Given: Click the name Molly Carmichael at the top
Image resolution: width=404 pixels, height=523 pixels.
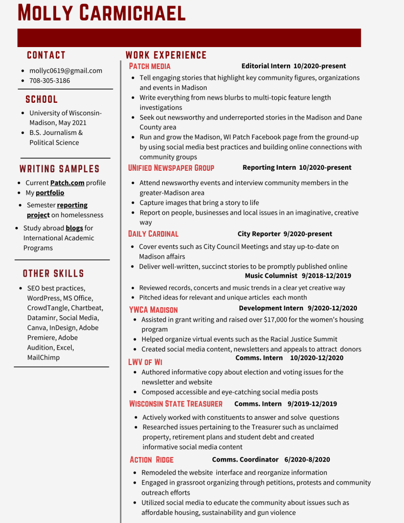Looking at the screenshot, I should tap(101, 12).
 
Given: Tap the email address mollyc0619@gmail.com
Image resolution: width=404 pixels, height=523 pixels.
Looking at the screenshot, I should tap(65, 71).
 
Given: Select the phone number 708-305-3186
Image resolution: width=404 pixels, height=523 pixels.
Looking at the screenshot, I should tap(50, 80).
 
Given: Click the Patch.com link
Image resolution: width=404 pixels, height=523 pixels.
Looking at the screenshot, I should tap(67, 183).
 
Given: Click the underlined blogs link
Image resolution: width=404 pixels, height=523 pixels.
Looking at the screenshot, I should tap(74, 228).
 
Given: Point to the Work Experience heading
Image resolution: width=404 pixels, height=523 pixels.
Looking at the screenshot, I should tap(166, 55).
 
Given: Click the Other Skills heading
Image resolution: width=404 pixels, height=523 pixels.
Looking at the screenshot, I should tap(53, 274).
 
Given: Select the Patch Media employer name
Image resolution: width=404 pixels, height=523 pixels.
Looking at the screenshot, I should tap(149, 66).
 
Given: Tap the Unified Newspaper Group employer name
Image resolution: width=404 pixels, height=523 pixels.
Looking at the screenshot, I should tap(171, 168).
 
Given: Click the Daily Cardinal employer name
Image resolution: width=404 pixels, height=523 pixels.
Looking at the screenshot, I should tap(153, 234).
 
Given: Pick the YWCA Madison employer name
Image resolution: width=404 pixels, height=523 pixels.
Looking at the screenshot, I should tap(153, 310).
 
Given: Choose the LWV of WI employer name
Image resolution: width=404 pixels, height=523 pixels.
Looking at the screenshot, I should tap(145, 362).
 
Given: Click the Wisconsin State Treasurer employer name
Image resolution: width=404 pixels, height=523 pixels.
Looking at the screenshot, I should tap(175, 404).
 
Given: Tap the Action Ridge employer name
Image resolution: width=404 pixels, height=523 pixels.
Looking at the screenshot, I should tap(151, 460).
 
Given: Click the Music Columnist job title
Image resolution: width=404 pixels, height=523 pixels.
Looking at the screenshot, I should tap(271, 276).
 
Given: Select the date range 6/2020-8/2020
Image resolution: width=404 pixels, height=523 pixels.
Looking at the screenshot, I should tap(307, 460).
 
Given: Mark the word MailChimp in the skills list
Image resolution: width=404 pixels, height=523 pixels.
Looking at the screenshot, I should tap(43, 357).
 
